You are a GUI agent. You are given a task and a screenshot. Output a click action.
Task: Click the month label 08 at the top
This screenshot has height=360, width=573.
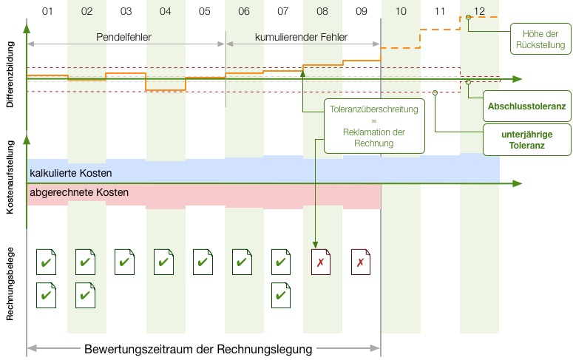[x=322, y=12]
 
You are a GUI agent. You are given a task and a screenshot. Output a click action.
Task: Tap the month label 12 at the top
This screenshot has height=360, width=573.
[x=479, y=12]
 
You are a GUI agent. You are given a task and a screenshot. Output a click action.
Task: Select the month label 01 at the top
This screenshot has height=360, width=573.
[x=47, y=12]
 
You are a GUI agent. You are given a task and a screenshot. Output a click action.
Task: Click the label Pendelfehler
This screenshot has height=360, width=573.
[x=126, y=36]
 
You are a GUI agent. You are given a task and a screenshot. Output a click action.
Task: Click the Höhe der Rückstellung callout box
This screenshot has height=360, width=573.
[x=540, y=39]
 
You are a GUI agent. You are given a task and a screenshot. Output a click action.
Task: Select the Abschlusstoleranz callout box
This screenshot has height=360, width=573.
[x=527, y=106]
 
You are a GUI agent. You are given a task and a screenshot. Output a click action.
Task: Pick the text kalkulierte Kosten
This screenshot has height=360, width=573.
[x=71, y=173]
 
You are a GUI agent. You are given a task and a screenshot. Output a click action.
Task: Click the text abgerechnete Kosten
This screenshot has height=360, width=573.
[x=79, y=192]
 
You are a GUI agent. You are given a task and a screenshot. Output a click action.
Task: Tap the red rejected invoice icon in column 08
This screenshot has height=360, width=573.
[x=322, y=261]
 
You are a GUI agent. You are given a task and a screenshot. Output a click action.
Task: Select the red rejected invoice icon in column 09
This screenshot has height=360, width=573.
[x=360, y=261]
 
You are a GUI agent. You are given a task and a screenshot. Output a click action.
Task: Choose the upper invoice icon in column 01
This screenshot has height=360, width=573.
[x=46, y=261]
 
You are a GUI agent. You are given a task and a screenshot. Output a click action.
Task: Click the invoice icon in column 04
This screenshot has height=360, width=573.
[x=164, y=261]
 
